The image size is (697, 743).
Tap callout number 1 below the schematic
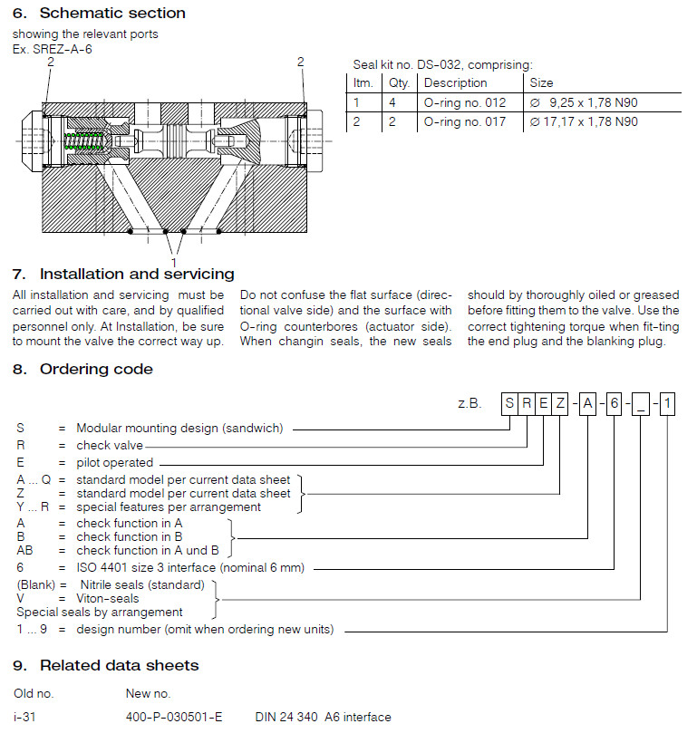coord(173,262)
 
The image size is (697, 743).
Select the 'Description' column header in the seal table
coord(455,82)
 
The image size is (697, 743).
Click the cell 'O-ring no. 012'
coord(465,102)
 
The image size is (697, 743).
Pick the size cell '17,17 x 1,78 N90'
coord(584,121)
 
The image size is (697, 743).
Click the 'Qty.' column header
coord(399,82)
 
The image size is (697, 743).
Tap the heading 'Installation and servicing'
coord(137,274)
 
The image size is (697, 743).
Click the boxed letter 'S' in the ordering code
coord(511,402)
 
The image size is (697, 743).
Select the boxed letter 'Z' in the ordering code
coord(561,402)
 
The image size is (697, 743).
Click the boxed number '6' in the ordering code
coord(614,402)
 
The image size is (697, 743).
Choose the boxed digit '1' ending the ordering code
coord(667,402)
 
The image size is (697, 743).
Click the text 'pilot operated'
coord(115,462)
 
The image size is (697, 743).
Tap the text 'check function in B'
coord(130,536)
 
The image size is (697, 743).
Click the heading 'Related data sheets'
coord(119,665)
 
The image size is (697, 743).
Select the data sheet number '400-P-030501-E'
coord(174,717)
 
